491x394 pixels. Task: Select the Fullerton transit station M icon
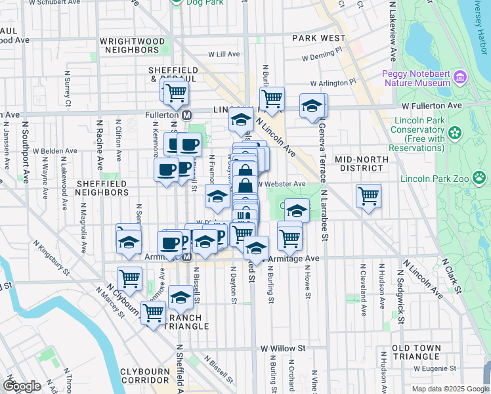[186, 115]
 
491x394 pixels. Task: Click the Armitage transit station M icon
[186, 257]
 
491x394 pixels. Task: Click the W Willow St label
[284, 348]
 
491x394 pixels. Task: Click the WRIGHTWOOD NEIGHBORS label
[133, 45]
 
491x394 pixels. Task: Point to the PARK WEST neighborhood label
[319, 38]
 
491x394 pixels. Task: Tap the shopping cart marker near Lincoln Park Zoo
[368, 196]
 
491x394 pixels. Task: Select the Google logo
[22, 386]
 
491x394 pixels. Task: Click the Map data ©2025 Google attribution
[450, 389]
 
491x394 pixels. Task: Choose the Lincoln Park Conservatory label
[419, 134]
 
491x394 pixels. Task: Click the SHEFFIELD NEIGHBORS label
[102, 188]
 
